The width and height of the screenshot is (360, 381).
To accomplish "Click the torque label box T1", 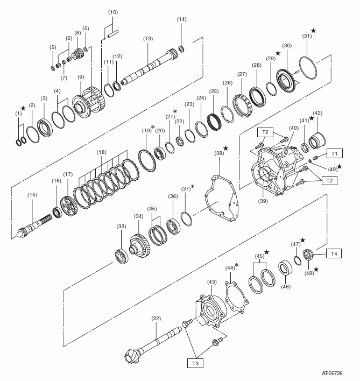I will pos(335,153).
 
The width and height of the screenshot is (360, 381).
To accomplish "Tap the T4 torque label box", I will pos(334,253).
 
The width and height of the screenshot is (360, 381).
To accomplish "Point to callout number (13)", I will pos(148,39).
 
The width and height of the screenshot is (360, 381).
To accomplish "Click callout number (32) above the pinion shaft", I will pos(156,318).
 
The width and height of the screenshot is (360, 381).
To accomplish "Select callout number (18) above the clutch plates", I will pos(101,152).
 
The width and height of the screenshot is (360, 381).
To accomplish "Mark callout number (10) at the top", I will pos(112,12).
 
